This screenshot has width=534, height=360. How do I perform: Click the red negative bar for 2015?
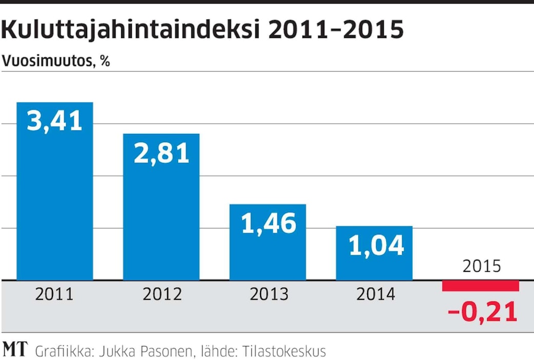481,286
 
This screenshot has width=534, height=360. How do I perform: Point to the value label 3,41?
55,122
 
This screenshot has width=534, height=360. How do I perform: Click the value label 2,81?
161,153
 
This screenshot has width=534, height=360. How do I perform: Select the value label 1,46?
268,224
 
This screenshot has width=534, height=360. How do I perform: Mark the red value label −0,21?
482,312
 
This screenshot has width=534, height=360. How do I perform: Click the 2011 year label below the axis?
54,294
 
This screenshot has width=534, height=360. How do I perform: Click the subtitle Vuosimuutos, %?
56,61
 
